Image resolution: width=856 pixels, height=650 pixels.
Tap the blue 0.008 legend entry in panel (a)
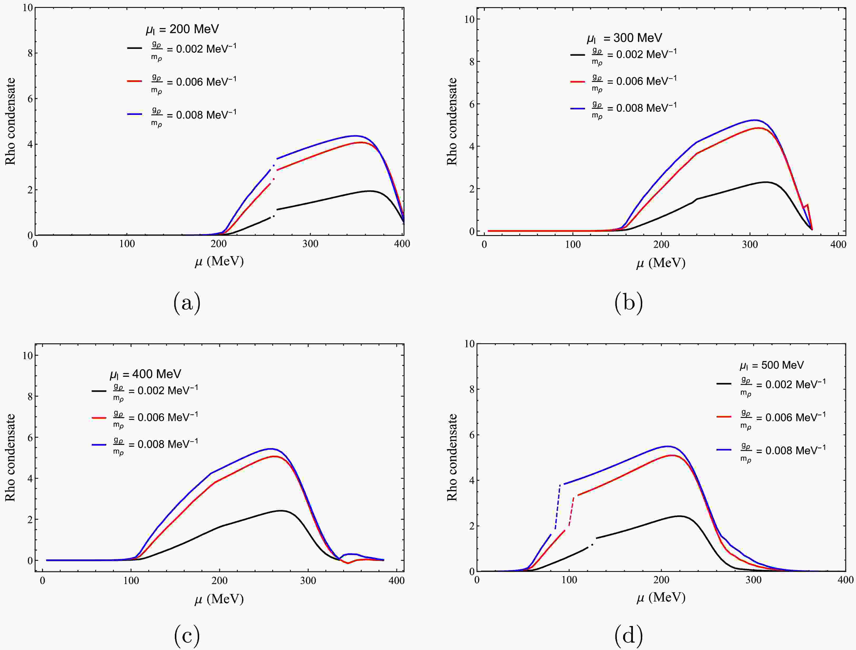click(x=182, y=115)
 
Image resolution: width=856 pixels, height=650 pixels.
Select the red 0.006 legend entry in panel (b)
click(x=623, y=82)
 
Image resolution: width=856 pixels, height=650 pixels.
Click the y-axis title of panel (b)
click(x=452, y=122)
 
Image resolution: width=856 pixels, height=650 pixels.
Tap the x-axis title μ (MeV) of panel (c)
click(x=219, y=599)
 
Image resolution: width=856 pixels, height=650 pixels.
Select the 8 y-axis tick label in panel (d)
click(x=471, y=389)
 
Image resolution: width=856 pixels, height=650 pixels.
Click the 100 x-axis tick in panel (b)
click(x=573, y=245)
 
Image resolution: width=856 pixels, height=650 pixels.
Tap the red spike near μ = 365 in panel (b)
click(x=807, y=205)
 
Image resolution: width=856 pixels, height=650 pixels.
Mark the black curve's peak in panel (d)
click(x=679, y=516)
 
